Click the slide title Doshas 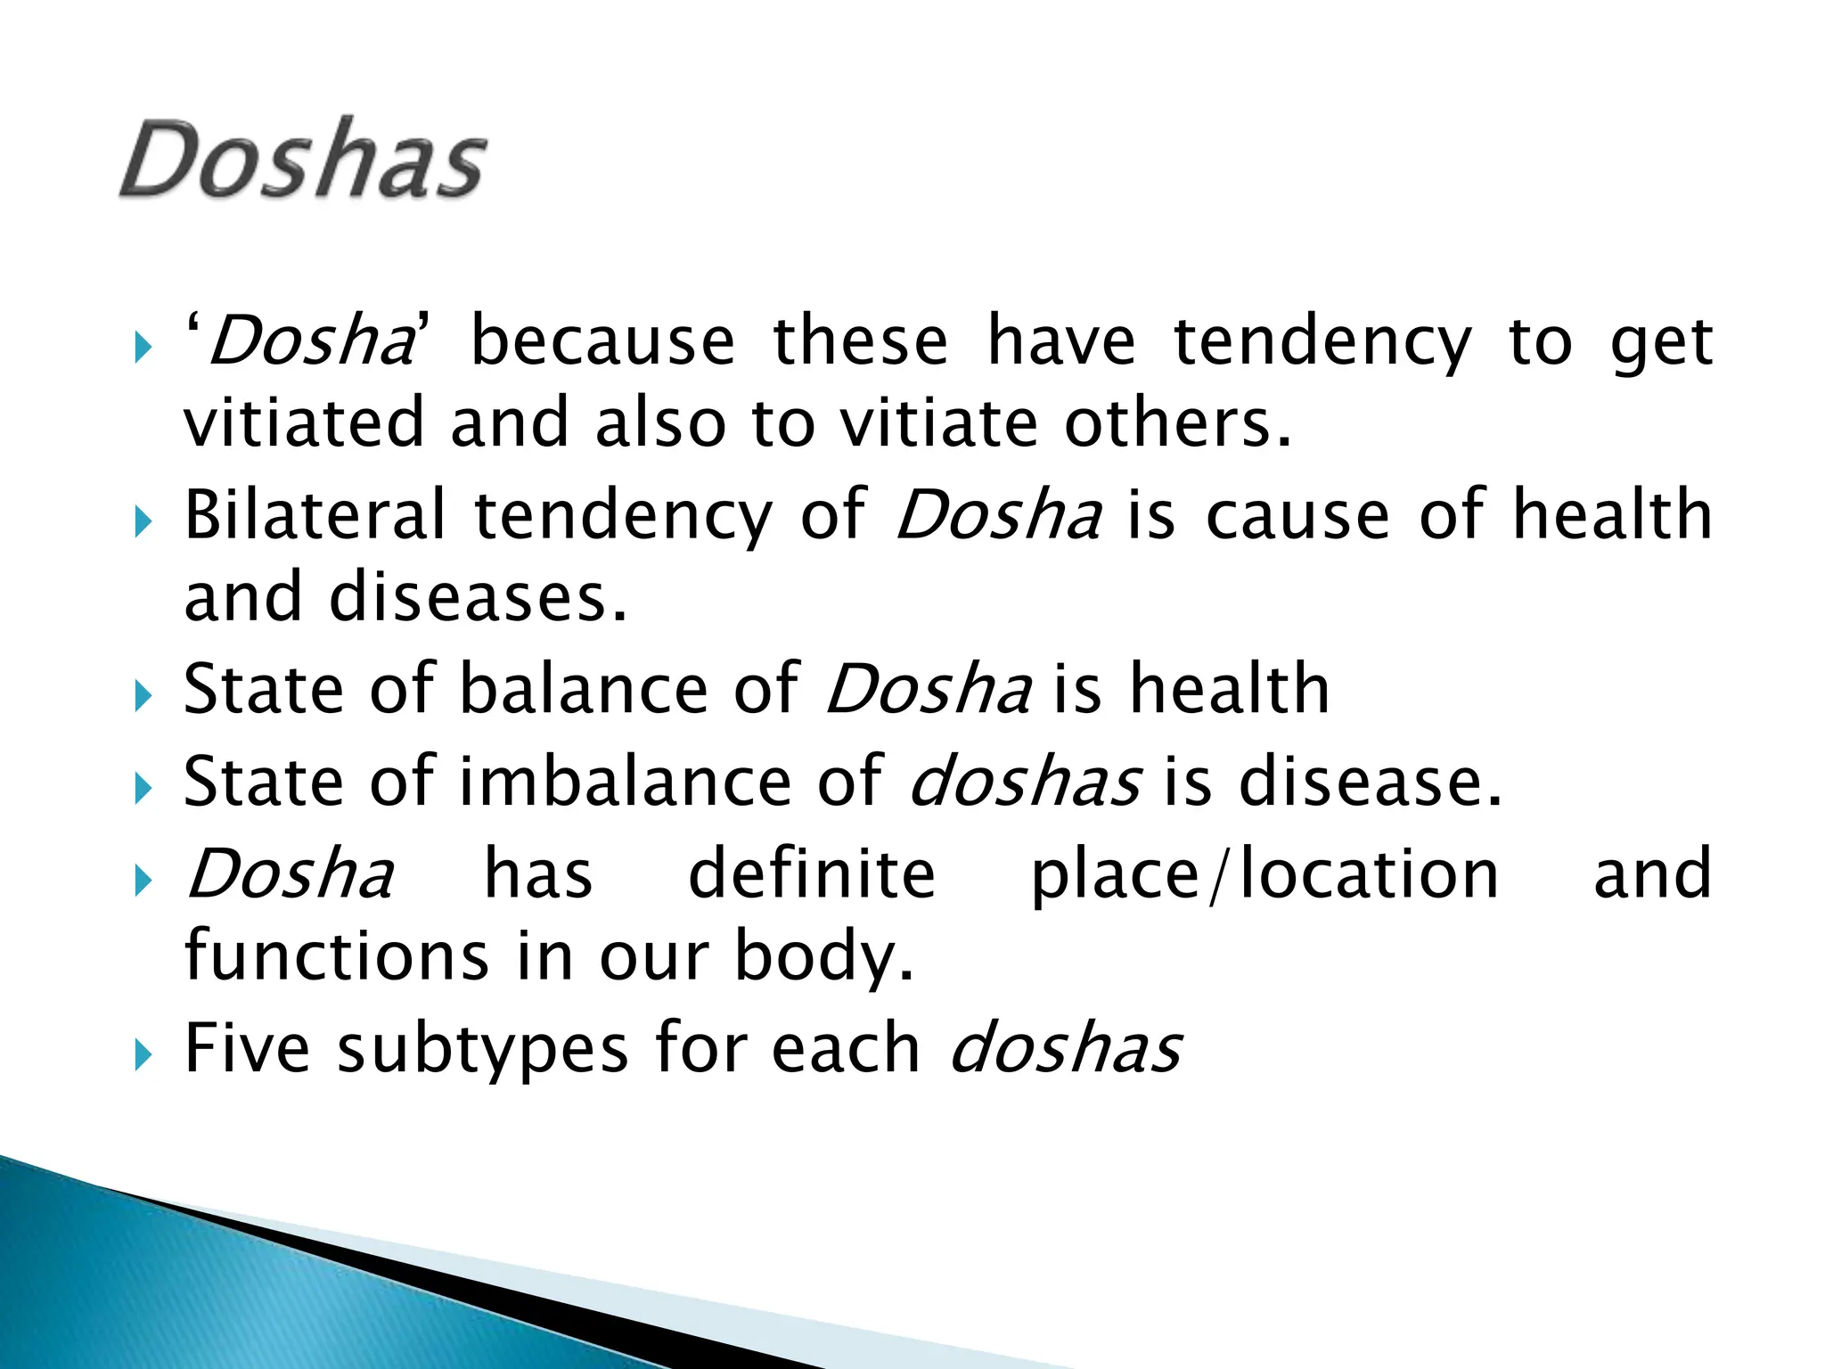(303, 160)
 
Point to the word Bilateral (315, 515)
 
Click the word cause (1297, 515)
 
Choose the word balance (584, 689)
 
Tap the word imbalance (625, 782)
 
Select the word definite (812, 874)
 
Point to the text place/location (1264, 874)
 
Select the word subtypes (482, 1050)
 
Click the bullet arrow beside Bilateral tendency (143, 523)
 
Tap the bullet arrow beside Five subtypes (143, 1057)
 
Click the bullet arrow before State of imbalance (143, 790)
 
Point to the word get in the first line (1661, 342)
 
